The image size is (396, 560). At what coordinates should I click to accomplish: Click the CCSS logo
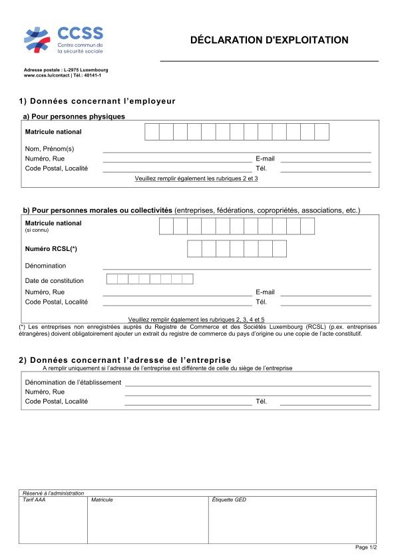click(63, 40)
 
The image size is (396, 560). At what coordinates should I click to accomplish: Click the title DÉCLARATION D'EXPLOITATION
click(269, 40)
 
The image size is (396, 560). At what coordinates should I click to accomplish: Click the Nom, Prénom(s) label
click(49, 148)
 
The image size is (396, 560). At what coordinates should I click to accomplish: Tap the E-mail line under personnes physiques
click(325, 161)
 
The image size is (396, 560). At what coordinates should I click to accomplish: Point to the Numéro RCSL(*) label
click(51, 248)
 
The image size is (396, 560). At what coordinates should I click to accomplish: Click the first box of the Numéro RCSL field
click(194, 248)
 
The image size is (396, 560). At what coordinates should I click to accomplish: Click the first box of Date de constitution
click(112, 279)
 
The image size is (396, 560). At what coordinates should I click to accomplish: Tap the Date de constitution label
click(55, 280)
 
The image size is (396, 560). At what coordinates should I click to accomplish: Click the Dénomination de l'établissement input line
click(248, 385)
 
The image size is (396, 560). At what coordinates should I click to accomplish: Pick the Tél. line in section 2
click(325, 404)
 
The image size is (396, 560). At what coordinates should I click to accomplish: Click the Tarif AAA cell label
click(34, 499)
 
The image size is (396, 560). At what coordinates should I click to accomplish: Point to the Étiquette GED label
click(228, 499)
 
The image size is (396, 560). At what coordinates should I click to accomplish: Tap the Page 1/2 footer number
click(366, 547)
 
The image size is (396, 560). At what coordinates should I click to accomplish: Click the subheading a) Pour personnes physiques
click(74, 116)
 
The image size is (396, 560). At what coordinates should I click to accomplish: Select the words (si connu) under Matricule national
click(37, 230)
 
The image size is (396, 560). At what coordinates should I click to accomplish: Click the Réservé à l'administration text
click(53, 493)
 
